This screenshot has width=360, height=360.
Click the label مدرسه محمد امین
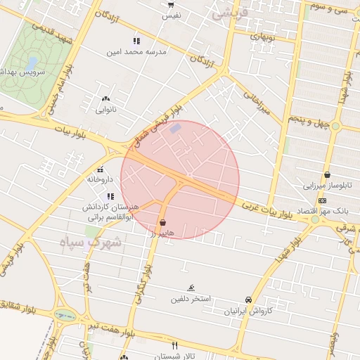pyautogui.click(x=136, y=52)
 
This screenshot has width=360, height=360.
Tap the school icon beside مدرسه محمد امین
pyautogui.click(x=136, y=41)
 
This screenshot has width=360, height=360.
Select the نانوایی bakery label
pyautogui.click(x=107, y=110)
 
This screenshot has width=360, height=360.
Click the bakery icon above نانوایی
pyautogui.click(x=106, y=99)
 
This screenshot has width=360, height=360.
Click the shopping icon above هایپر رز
pyautogui.click(x=163, y=222)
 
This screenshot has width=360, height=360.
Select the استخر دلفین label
pyautogui.click(x=190, y=299)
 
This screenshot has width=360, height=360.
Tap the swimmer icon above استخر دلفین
pyautogui.click(x=191, y=288)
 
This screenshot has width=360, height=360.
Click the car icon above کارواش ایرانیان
pyautogui.click(x=248, y=300)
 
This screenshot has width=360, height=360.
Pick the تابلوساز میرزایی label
pyautogui.click(x=326, y=186)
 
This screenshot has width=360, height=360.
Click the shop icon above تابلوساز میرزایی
pyautogui.click(x=327, y=176)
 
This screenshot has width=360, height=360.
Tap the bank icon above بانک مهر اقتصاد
pyautogui.click(x=322, y=200)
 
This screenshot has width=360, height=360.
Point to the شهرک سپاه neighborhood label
pyautogui.click(x=91, y=243)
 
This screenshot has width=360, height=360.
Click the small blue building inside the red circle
pyautogui.click(x=176, y=128)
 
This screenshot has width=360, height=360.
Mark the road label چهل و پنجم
pyautogui.click(x=310, y=124)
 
